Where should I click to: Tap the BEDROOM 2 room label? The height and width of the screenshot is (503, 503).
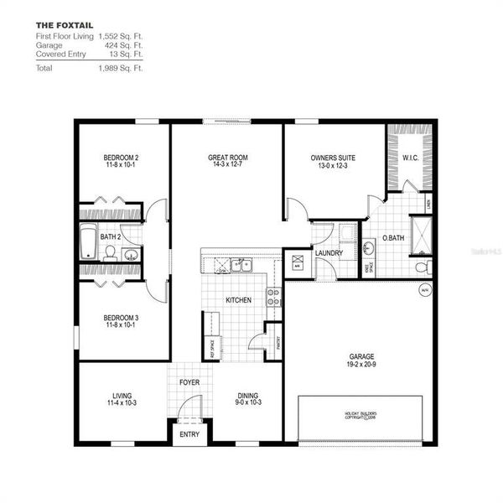(x=121, y=158)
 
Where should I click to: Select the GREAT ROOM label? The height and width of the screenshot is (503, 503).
(x=226, y=158)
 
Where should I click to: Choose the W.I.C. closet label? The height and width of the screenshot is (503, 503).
(x=411, y=157)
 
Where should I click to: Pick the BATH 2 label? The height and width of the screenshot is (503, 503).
(x=111, y=237)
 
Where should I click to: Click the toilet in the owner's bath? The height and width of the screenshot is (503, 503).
(x=423, y=267)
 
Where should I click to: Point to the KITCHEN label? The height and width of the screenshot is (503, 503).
(x=239, y=300)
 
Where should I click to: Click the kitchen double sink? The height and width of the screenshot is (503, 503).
(x=240, y=266)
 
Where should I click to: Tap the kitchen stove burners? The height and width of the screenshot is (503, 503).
(x=272, y=296)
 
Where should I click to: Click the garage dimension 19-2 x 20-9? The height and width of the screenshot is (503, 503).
(x=362, y=363)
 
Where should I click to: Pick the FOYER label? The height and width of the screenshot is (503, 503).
(x=189, y=383)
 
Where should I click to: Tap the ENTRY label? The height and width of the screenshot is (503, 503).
(x=189, y=434)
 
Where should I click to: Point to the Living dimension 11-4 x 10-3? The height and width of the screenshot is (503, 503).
(x=122, y=403)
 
